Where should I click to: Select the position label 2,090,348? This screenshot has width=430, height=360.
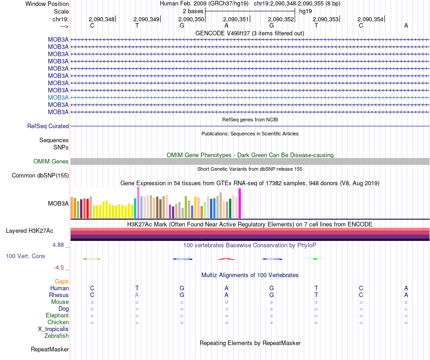click(101, 19)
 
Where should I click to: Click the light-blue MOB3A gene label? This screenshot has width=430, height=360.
click(58, 97)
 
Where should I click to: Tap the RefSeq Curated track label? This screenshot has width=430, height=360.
click(48, 126)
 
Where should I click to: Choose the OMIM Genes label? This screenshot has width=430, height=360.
click(51, 162)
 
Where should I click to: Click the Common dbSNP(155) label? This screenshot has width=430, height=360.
click(40, 176)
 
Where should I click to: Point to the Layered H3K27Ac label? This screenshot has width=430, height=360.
click(29, 231)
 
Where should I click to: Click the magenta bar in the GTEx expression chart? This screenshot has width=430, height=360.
click(240, 203)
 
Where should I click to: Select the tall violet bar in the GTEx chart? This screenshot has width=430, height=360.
click(138, 202)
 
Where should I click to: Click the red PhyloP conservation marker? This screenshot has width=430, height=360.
click(226, 259)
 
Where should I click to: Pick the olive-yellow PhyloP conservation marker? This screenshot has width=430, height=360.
click(92, 259)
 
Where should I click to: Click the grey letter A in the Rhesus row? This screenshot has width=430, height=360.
click(137, 295)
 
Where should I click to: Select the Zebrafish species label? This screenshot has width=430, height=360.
click(57, 336)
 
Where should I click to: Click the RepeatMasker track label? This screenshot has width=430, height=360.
click(50, 350)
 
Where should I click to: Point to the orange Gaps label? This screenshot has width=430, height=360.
click(62, 282)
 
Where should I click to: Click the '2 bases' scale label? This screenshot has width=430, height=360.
click(193, 11)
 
